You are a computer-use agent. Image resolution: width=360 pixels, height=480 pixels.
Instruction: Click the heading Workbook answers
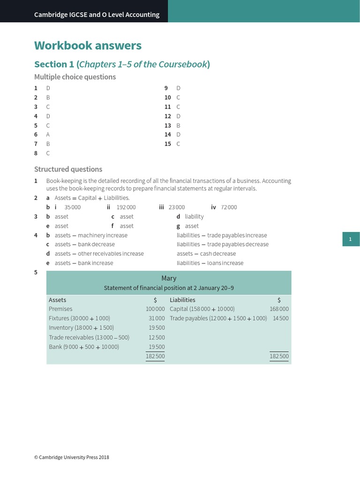(x=88, y=45)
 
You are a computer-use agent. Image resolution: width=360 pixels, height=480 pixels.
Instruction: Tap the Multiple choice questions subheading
(x=75, y=77)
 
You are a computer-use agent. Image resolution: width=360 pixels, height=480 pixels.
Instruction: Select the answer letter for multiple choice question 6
(x=48, y=135)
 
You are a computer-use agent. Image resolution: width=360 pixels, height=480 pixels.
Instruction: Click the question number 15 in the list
(x=167, y=144)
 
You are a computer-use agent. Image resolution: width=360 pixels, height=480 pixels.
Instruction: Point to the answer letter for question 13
(x=178, y=126)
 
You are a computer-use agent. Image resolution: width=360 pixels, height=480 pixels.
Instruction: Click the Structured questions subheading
(x=68, y=169)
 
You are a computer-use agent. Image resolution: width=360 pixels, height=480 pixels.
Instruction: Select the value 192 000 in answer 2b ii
(x=126, y=207)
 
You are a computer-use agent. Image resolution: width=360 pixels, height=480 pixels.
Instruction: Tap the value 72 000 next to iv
(x=229, y=207)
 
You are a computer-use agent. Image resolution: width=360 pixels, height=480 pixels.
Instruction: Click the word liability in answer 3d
(x=194, y=217)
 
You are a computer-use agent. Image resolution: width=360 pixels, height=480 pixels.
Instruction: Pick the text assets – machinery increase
(x=91, y=235)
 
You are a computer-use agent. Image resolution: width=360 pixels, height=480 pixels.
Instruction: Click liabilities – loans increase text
(x=210, y=263)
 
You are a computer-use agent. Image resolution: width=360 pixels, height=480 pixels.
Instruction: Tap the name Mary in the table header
(x=169, y=278)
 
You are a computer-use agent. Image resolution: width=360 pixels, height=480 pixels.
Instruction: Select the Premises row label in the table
(x=60, y=309)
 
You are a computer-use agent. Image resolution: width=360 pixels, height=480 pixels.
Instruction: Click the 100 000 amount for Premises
(x=155, y=309)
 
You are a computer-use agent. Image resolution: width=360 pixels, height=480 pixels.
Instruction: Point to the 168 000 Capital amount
(x=279, y=309)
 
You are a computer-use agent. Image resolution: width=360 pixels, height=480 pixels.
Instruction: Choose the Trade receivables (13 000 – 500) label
(x=89, y=337)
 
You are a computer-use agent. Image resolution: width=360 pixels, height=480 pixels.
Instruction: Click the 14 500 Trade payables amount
(x=281, y=318)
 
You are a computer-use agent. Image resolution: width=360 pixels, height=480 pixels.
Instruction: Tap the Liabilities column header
(x=182, y=300)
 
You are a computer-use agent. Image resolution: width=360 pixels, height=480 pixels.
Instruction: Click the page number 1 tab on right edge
(x=350, y=240)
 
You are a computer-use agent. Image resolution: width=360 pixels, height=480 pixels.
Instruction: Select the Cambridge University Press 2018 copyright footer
(x=72, y=457)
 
